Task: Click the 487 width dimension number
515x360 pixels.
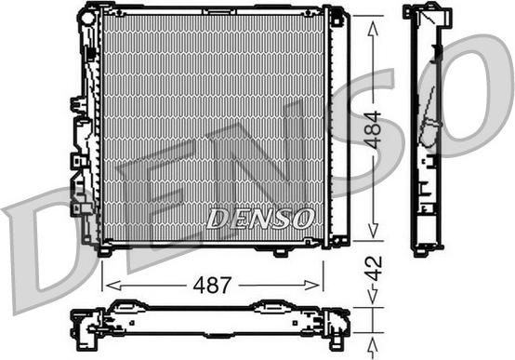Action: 212,285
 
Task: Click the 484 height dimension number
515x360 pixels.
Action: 374,129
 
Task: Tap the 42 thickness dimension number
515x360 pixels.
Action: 374,268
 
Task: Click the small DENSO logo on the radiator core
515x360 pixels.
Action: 259,219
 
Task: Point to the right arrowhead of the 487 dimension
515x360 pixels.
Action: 312,286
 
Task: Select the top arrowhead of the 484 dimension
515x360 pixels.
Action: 373,28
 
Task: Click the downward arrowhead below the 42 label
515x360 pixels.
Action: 373,296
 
